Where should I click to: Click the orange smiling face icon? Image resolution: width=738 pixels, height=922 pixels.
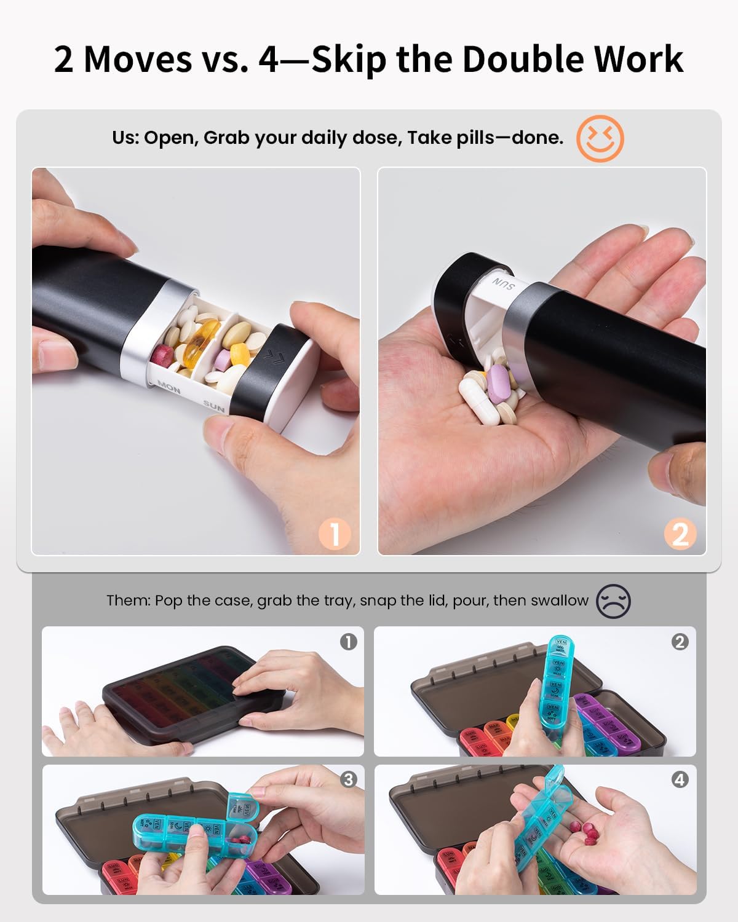600,138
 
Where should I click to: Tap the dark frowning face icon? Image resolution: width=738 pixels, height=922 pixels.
613,601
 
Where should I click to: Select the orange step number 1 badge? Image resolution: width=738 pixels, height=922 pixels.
334,534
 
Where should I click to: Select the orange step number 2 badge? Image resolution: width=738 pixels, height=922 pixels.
680,534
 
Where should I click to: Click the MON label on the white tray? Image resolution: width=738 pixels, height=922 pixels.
169,387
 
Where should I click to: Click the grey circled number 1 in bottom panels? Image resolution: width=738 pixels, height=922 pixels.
348,642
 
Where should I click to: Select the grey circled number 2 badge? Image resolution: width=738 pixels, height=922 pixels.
680,642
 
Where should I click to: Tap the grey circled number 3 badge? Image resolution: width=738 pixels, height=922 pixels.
348,779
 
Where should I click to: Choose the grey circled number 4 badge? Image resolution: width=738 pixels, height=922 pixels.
680,779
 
